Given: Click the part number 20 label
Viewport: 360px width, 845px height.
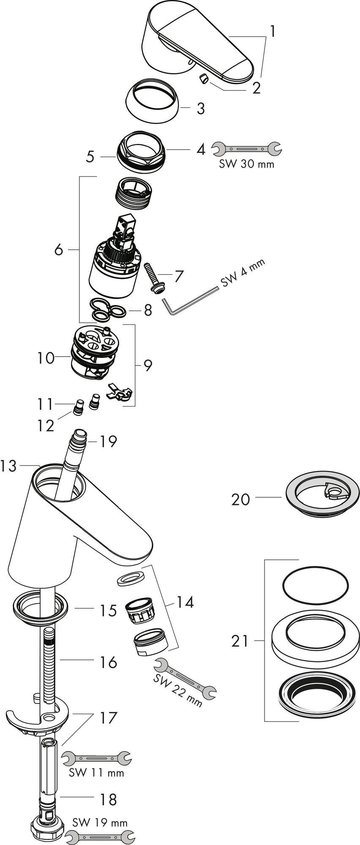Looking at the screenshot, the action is click(x=241, y=499).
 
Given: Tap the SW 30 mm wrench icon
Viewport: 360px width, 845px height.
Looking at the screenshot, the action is click(x=246, y=148).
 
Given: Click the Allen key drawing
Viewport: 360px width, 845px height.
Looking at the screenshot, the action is click(x=190, y=301).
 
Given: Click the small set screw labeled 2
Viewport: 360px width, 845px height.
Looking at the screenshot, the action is click(x=203, y=79).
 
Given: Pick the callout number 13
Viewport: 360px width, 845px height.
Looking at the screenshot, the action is click(x=9, y=466).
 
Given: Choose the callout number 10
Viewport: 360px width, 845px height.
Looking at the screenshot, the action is click(x=46, y=358).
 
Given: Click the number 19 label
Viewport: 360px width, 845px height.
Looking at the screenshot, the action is click(x=108, y=442).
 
